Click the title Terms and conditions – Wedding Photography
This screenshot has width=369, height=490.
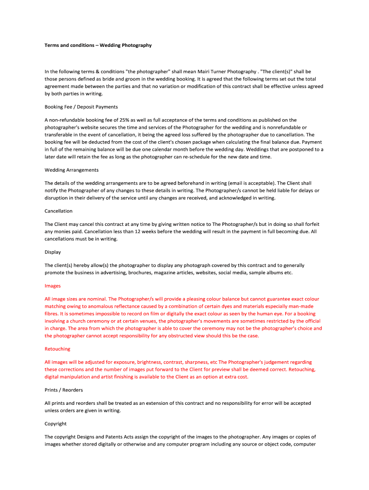pyautogui.click(x=98, y=45)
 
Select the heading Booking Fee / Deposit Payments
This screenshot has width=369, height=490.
pyautogui.click(x=81, y=107)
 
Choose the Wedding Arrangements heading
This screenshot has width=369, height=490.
pyautogui.click(x=71, y=170)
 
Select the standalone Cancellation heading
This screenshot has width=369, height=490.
pyautogui.click(x=58, y=211)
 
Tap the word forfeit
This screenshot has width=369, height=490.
pyautogui.click(x=311, y=224)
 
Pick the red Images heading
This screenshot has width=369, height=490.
pyautogui.click(x=52, y=286)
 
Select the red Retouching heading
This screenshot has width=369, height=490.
pyautogui.click(x=57, y=349)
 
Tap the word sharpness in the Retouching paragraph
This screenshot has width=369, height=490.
pyautogui.click(x=195, y=362)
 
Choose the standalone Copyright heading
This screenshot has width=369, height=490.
pyautogui.click(x=56, y=423)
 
